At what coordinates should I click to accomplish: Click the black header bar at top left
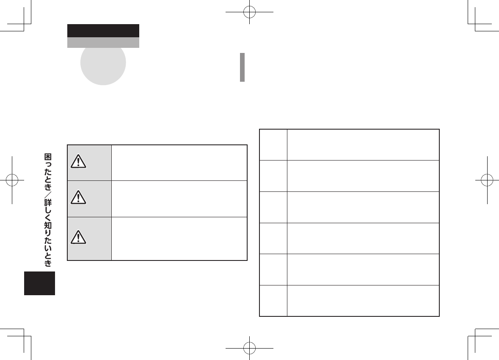103,30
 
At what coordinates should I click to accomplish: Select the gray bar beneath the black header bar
103,42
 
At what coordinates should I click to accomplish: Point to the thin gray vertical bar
243,67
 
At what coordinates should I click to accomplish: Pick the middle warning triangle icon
79,197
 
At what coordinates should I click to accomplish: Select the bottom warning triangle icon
79,237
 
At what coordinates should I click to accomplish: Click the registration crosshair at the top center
250,11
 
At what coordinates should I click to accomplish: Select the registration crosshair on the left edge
12,180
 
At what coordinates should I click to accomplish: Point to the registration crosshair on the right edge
487,180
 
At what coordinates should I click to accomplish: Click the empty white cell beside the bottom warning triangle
179,238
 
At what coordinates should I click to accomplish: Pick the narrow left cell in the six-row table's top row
273,144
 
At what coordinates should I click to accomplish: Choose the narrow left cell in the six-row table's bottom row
273,301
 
